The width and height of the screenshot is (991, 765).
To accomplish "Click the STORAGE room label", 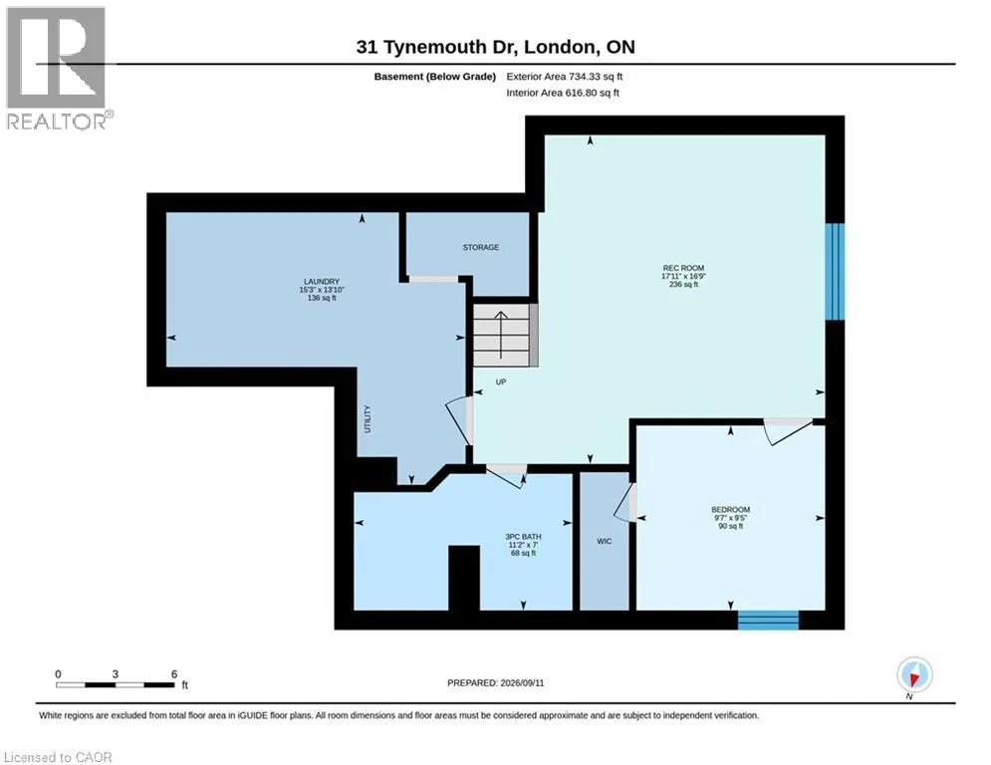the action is coord(480,247).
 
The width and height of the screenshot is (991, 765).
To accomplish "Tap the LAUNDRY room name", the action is coord(322,281).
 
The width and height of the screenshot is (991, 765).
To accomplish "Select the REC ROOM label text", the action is coord(683,268).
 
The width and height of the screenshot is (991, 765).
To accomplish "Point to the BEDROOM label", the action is coord(731,510).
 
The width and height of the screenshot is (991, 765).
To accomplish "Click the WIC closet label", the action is coord(605,541).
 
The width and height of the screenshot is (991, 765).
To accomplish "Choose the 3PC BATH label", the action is coord(523,537).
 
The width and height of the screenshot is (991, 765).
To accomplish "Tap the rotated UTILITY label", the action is coord(368,419).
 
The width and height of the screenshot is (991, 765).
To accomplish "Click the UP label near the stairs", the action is coord(501,382).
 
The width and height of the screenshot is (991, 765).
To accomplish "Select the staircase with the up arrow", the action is coord(506,335).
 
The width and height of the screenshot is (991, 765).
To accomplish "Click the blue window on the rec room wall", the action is coord(835,271).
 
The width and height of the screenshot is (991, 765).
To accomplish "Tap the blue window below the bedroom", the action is coord(769,621).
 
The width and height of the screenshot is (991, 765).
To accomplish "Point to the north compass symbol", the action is coord(914,675).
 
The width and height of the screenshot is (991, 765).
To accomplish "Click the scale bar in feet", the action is coord(115,684).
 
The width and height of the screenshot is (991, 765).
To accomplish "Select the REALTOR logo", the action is coord(58,69).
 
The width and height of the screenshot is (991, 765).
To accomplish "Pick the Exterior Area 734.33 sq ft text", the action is coord(565,77).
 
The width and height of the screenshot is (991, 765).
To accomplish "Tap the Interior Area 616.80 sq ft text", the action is coord(563,93).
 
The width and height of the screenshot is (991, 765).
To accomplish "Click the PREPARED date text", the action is coord(496,682).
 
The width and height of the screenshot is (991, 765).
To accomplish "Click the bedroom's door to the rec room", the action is coord(788,431).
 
